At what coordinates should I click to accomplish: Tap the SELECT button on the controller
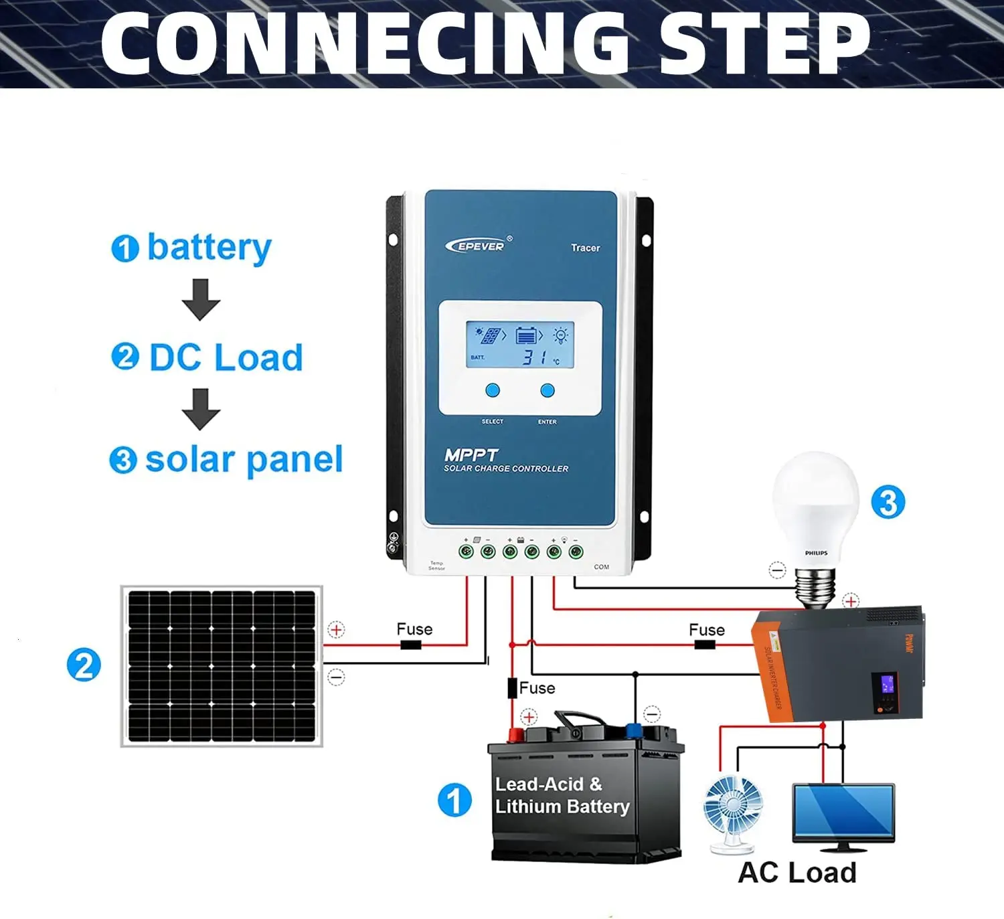(493, 390)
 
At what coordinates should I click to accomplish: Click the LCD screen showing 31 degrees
(519, 345)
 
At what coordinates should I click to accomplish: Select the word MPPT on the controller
(471, 455)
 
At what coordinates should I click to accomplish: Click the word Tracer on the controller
(585, 248)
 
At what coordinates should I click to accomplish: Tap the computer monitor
(843, 813)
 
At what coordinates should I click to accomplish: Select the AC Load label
(797, 873)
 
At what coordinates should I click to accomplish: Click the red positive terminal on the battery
(515, 736)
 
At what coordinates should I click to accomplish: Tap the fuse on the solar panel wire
(410, 645)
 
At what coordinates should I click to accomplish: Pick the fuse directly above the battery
(512, 688)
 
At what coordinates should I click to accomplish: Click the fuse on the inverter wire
(704, 645)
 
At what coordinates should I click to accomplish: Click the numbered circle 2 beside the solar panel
(84, 665)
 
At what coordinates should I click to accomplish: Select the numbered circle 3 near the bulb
(888, 502)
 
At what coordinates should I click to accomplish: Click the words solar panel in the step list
(244, 460)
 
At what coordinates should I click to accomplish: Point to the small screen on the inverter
(888, 684)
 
